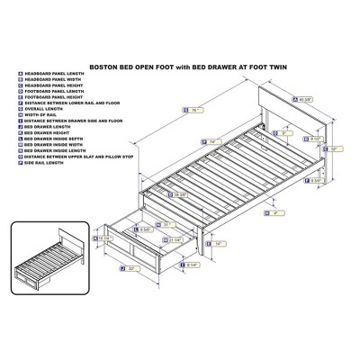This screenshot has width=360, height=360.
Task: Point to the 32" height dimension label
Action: point(335,148)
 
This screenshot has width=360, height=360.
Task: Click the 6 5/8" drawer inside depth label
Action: point(156,229)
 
